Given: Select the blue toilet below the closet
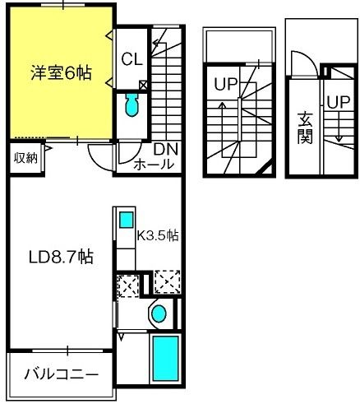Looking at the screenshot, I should tap(131, 104).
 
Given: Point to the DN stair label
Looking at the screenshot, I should tap(165, 150).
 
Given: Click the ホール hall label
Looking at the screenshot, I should tap(154, 164).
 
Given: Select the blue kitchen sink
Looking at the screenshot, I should tap(126, 220).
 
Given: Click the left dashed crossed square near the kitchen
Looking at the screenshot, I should tap(127, 286).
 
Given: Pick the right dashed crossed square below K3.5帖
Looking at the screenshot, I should tap(166, 281).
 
